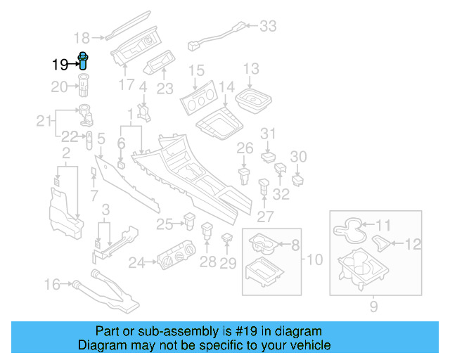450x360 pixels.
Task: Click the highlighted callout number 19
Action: click(60, 64)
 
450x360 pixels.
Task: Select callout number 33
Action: click(268, 27)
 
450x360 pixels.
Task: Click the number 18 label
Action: click(82, 38)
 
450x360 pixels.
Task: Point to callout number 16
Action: click(53, 284)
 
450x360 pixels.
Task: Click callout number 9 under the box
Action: click(373, 306)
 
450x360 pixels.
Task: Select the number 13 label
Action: click(251, 69)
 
